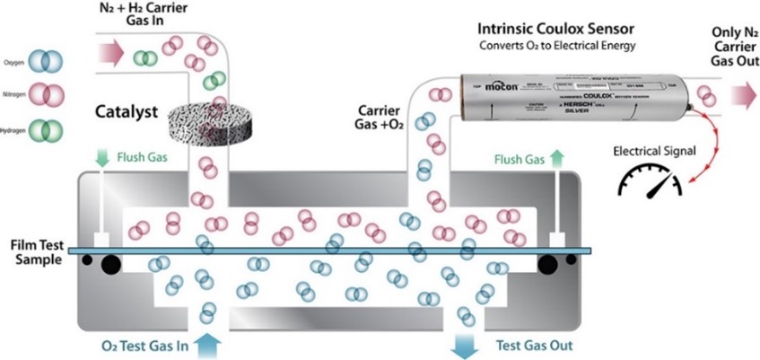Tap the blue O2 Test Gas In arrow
pos(207,344)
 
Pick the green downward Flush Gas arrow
pos(101,157)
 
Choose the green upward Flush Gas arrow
pos(557,159)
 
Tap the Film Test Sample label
pos(31,251)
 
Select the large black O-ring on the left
pos(110,263)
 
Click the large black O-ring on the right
pos(547,263)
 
